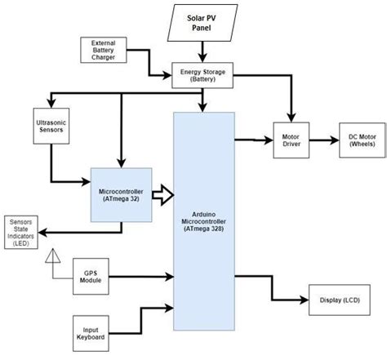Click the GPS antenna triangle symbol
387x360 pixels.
(x=51, y=256)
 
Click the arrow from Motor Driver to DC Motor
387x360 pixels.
(x=326, y=140)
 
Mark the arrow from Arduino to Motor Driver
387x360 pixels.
(x=253, y=140)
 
